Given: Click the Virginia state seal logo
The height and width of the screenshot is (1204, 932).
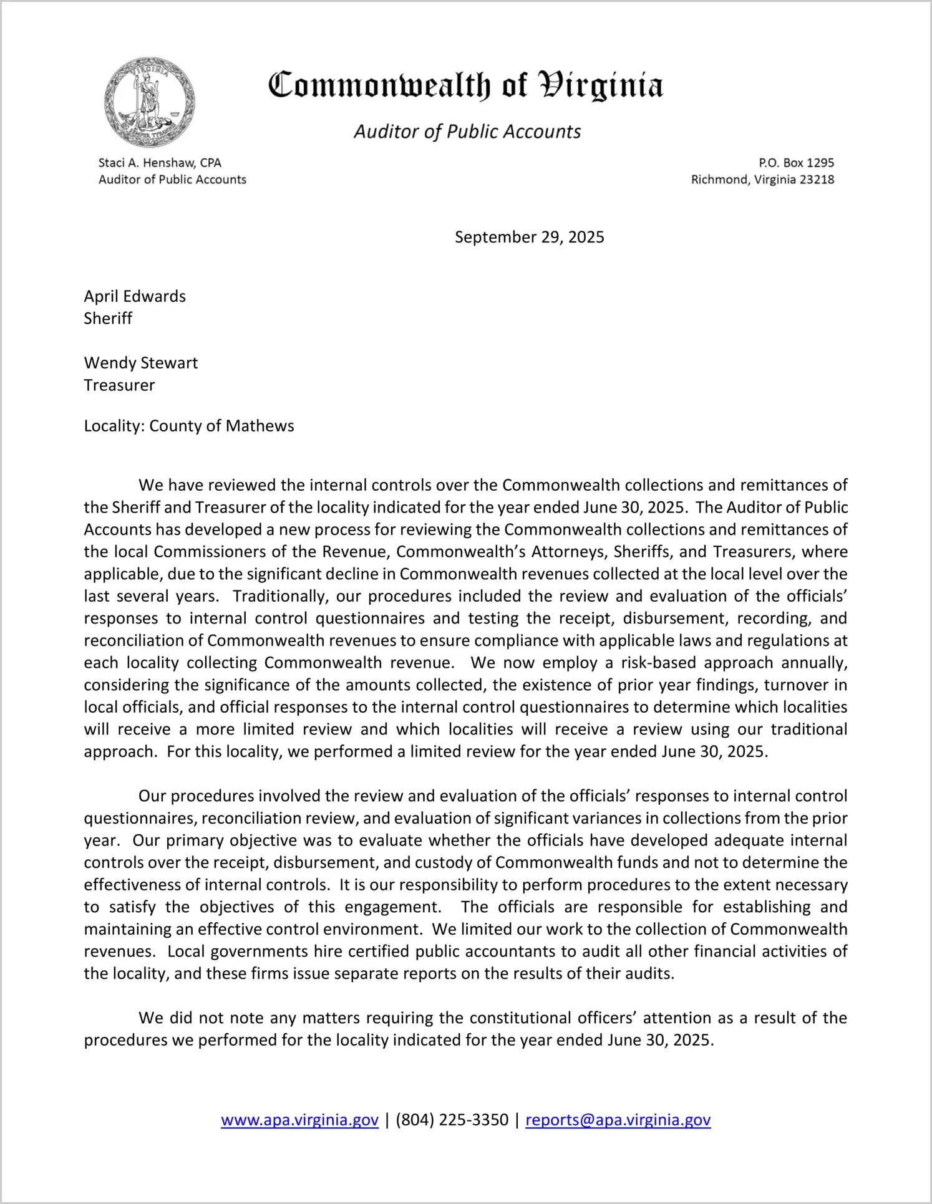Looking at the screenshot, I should tap(150, 102).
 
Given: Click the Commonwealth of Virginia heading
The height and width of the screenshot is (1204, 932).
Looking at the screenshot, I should tap(465, 85).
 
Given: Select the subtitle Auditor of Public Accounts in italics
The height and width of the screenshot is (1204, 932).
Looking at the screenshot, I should tap(467, 132).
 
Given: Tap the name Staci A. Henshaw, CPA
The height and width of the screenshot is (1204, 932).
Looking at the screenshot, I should tap(160, 163).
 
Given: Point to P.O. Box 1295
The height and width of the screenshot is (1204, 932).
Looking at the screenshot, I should tap(796, 163).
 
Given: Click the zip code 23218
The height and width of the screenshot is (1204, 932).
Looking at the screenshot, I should tap(817, 180).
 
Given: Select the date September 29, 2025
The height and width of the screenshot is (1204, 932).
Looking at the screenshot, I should tap(529, 237).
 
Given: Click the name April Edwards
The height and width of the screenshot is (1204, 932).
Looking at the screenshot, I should tap(135, 296).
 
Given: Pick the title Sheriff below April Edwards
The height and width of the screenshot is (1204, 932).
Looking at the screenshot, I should tap(108, 319).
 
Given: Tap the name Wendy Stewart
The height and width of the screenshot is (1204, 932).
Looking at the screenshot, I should tap(141, 363).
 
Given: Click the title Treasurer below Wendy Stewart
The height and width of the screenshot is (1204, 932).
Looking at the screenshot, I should tap(119, 385).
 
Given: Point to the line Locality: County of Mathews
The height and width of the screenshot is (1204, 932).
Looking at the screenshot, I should tap(189, 426).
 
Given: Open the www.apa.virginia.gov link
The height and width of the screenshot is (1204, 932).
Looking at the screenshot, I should tap(299, 1120).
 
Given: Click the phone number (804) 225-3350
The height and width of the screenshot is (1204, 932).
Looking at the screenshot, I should tap(452, 1120).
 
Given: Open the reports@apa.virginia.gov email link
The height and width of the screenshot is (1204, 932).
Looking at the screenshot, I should tap(618, 1120).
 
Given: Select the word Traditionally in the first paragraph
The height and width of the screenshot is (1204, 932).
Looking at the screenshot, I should tap(279, 596).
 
